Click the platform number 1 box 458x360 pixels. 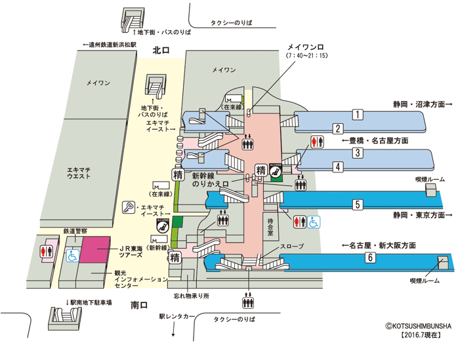coord(358,115)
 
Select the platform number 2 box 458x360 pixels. coord(338,129)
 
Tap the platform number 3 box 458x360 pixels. coord(358,153)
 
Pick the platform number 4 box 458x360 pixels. coord(338,167)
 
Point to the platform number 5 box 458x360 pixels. coord(358,205)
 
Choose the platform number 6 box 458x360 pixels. coord(370,258)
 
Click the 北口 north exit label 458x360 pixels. coord(161,50)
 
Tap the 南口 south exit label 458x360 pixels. coord(139,306)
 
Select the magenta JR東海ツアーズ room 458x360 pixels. coord(95,250)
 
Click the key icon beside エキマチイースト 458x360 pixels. coord(128,207)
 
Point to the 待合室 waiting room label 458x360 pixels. coord(270,227)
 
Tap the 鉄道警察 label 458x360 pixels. coord(75,231)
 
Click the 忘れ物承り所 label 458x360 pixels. coord(192,296)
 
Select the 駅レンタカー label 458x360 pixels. coord(177,317)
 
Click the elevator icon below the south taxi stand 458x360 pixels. coord(248,302)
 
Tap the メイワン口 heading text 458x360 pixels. coord(306,47)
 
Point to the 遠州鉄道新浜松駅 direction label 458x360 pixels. coord(109,45)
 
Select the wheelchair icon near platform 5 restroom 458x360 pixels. coord(314,222)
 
